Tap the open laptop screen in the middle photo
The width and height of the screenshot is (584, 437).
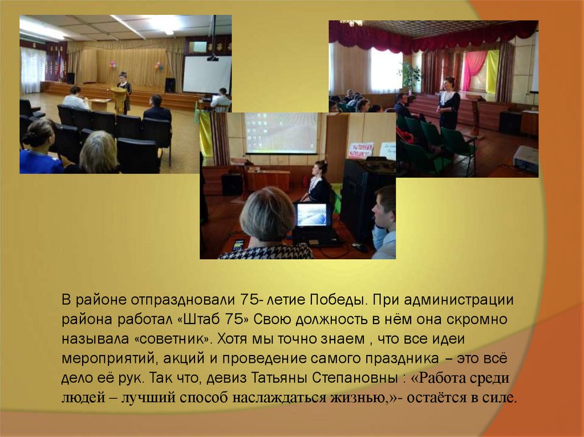pos(312,215)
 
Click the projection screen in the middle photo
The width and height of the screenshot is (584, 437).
pos(281,132)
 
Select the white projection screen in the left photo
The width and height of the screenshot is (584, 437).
pos(206,75)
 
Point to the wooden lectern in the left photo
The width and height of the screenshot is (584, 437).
pos(119,99)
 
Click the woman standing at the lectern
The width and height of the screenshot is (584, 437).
pos(124,91)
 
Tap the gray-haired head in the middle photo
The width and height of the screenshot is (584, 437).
pos(267,215)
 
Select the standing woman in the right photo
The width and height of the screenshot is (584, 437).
pos(449,103)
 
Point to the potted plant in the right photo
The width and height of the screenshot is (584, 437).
pos(409,76)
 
